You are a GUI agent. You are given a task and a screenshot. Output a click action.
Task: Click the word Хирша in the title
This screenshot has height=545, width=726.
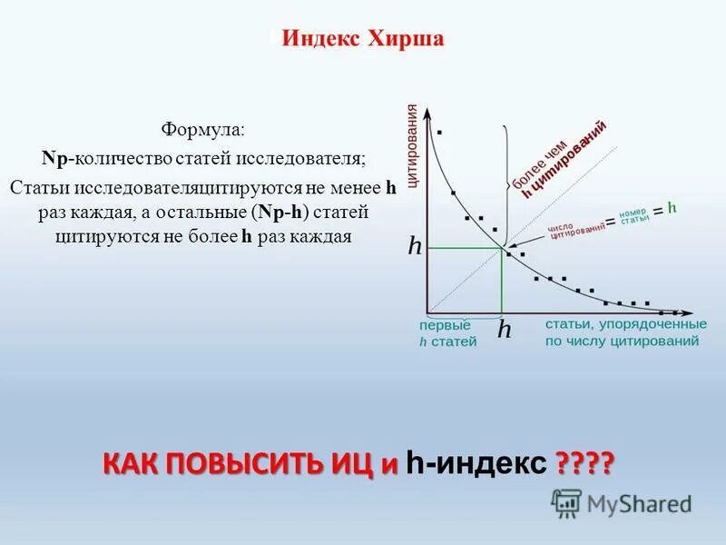tap(406, 40)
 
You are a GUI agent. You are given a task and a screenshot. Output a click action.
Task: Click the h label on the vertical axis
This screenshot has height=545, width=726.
tap(415, 246)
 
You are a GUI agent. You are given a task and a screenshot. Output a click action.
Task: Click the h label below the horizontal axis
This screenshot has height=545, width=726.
tap(504, 330)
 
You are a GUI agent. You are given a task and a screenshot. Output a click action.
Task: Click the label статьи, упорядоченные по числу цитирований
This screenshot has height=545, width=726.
tap(625, 332)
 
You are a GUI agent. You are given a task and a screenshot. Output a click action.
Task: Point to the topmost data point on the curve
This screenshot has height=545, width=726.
tap(440, 133)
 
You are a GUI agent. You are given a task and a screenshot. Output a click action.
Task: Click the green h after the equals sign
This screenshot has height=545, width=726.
tap(672, 207)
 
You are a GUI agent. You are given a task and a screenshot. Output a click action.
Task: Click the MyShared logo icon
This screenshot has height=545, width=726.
tap(566, 501)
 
